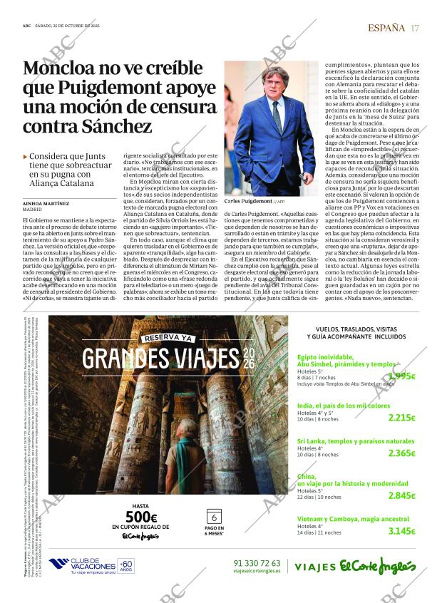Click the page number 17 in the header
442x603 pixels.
416,28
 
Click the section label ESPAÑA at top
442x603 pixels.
386,28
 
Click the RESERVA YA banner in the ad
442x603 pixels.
168,338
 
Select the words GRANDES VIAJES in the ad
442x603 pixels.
162,357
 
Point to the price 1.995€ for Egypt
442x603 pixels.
401,376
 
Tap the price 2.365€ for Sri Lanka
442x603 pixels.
401,453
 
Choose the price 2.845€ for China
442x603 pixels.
401,495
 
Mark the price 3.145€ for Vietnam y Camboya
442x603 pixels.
401,531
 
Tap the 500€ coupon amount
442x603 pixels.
140,517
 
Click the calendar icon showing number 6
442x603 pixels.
213,517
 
